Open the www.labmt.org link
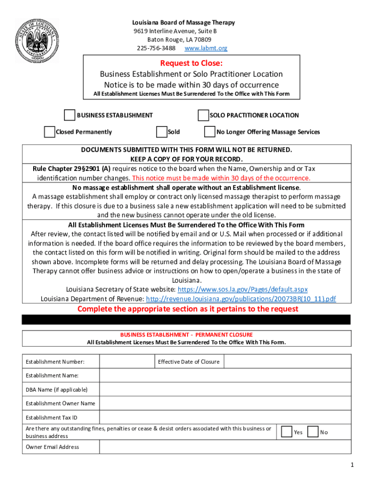[x=206, y=48]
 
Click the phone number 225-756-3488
[x=156, y=48]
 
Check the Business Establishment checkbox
[x=69, y=115]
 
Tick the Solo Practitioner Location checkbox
[x=203, y=115]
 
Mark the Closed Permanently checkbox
[x=49, y=132]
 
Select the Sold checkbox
[x=161, y=132]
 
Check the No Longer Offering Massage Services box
[x=209, y=132]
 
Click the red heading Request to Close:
[x=191, y=63]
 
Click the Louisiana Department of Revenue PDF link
[x=241, y=299]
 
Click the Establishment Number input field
[x=126, y=361]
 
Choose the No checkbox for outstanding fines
[x=313, y=432]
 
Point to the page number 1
[x=351, y=464]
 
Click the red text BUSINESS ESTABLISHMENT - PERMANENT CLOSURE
[x=187, y=335]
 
